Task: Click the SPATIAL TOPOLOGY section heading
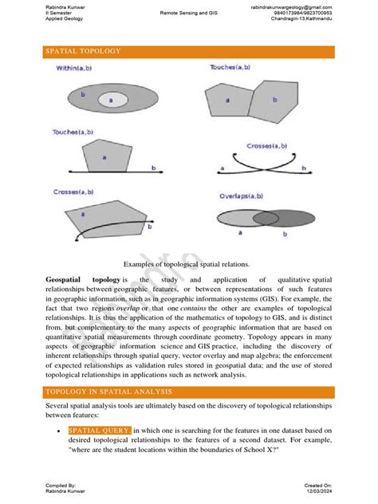[x=82, y=51]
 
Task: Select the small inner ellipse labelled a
[x=111, y=100]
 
